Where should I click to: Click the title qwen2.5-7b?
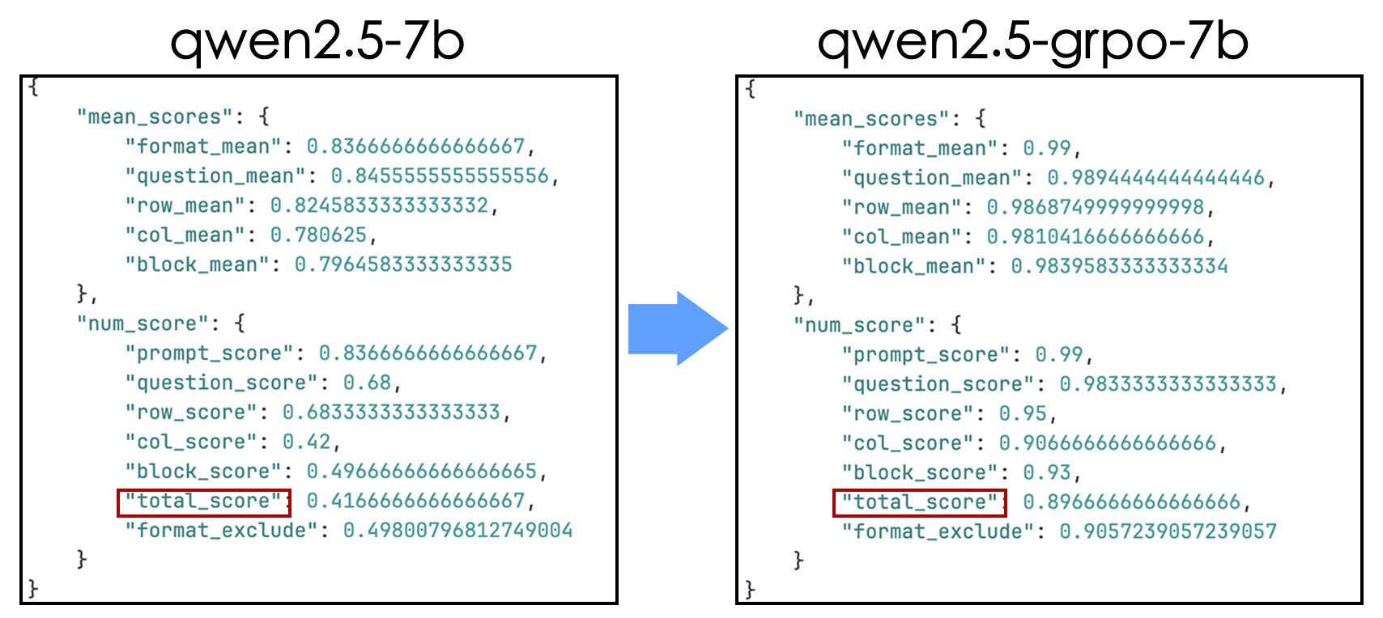(317, 40)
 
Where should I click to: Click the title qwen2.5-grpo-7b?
(1032, 40)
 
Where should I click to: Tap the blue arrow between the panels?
(678, 328)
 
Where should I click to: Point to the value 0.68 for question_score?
(367, 383)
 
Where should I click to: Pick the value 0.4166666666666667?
(415, 501)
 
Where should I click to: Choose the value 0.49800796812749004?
(457, 531)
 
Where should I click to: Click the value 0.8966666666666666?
(1132, 502)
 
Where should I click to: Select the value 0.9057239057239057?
(1168, 531)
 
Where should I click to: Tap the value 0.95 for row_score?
(1023, 414)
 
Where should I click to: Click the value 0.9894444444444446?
(1155, 178)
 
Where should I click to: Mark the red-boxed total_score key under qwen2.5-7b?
(203, 502)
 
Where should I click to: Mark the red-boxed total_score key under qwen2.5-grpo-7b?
(919, 503)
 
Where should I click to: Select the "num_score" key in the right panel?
(859, 326)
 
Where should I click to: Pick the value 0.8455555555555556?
(440, 176)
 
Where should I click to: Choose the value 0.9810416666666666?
(1095, 237)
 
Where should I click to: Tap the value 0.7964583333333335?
(403, 265)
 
